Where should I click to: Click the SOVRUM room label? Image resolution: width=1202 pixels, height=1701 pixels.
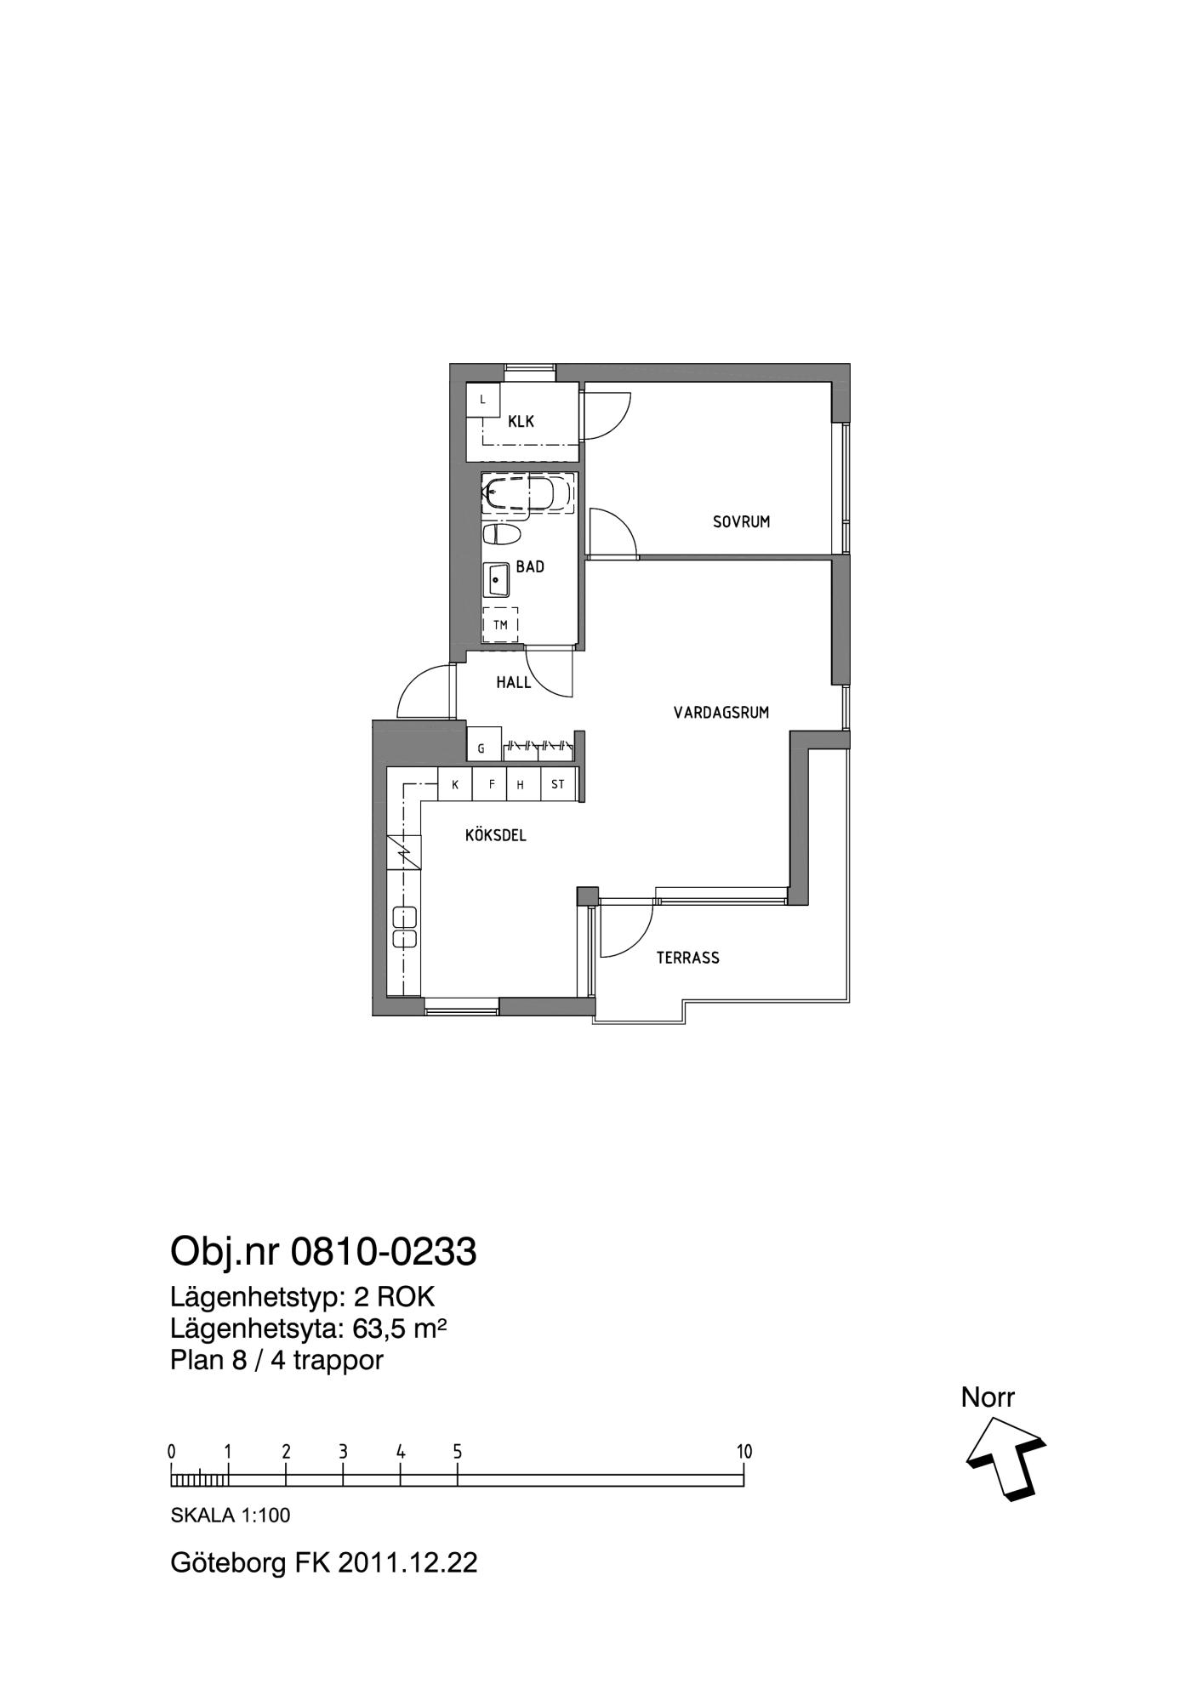(x=741, y=522)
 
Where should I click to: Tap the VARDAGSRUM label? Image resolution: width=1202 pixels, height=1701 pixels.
(x=721, y=713)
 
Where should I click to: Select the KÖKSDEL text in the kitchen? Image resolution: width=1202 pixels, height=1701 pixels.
(x=496, y=835)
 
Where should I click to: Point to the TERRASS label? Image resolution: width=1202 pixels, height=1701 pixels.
(x=687, y=958)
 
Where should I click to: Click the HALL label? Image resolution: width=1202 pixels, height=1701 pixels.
(x=514, y=682)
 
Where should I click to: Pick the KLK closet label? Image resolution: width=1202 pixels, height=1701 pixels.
(x=521, y=421)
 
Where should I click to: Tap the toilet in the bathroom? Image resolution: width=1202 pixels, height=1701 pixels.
(x=502, y=534)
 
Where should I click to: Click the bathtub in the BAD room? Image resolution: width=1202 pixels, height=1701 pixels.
(x=527, y=493)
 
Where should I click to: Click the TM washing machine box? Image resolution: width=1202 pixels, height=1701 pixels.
(x=500, y=625)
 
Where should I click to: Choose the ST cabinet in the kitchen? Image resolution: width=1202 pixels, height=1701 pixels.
(x=558, y=784)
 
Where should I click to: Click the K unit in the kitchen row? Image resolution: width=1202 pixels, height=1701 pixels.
(x=455, y=784)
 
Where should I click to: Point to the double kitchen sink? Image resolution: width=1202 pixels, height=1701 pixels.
(x=404, y=927)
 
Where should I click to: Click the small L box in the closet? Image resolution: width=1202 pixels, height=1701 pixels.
(x=483, y=400)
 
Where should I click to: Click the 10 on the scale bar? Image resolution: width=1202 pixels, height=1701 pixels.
(x=744, y=1452)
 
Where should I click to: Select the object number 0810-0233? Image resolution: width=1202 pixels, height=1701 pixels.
(x=384, y=1252)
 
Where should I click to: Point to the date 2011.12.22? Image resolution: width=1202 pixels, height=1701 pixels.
(x=407, y=1562)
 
